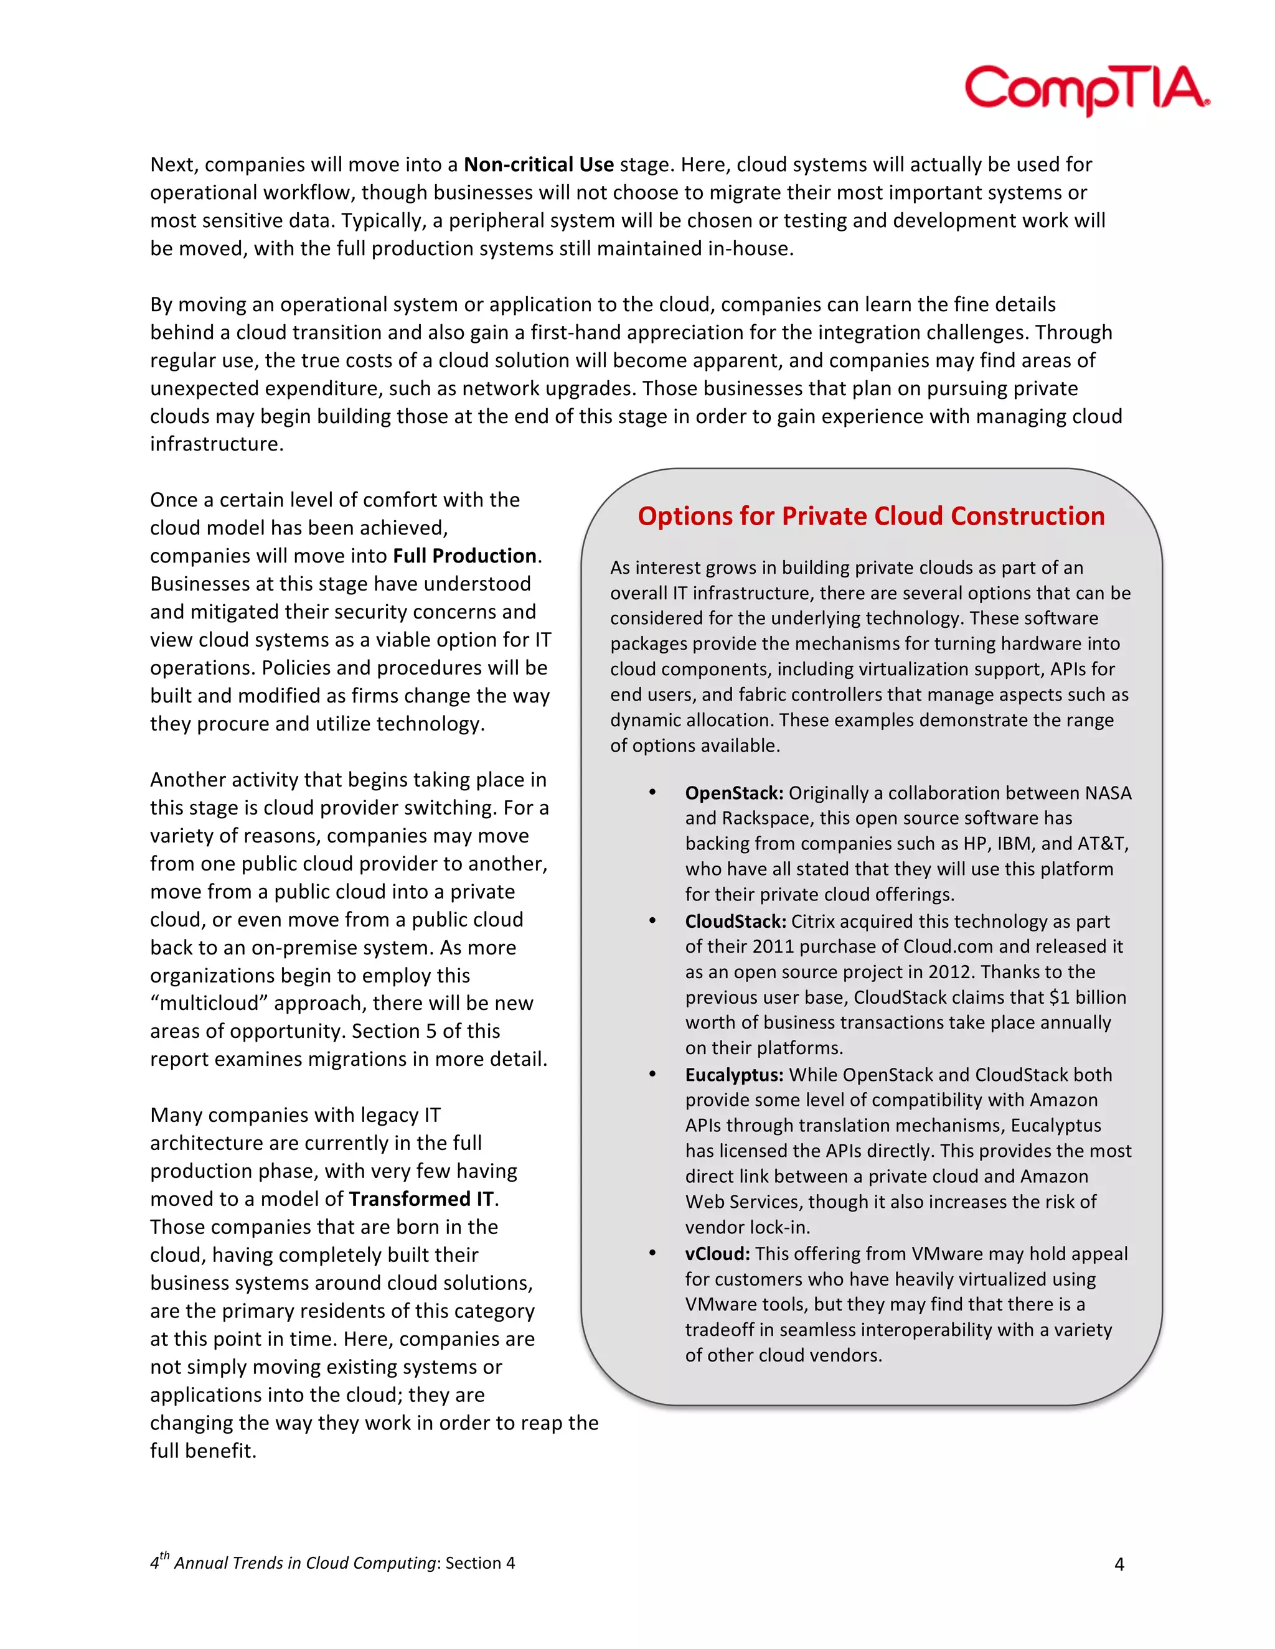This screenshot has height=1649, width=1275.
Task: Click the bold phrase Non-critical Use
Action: click(x=538, y=165)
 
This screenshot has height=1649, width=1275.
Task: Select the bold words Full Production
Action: click(x=464, y=556)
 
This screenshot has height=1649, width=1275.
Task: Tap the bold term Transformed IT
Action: click(x=421, y=1199)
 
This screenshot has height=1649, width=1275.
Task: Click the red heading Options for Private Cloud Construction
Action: click(x=871, y=516)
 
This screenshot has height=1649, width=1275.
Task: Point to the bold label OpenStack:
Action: click(x=734, y=793)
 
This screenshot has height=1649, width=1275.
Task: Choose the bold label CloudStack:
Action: click(x=735, y=921)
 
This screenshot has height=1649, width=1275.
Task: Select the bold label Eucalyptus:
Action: click(x=733, y=1075)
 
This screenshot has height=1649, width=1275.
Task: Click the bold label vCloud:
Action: click(x=717, y=1253)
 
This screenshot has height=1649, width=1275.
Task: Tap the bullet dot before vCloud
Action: click(x=652, y=1253)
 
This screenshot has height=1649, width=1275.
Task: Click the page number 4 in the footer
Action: click(x=1119, y=1564)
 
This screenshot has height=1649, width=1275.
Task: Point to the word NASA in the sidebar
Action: click(x=1108, y=793)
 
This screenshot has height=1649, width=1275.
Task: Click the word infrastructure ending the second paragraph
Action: click(x=215, y=444)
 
